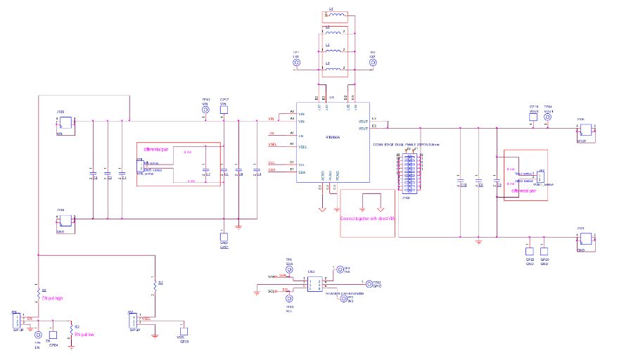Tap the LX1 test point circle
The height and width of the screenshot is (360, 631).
coord(296,63)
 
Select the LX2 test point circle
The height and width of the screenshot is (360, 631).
coord(372,63)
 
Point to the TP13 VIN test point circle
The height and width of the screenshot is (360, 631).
coord(205,110)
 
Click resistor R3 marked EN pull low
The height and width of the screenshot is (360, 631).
coord(70,328)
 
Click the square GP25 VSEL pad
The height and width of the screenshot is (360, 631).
coord(184,330)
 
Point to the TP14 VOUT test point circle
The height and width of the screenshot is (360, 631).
coord(549,119)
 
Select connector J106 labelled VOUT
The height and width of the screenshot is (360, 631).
coord(585,127)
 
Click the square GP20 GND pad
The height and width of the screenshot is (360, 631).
coord(544,250)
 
